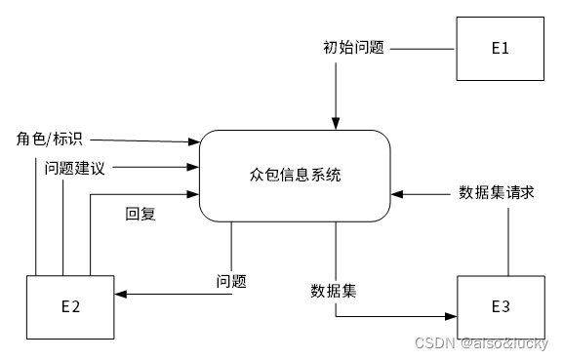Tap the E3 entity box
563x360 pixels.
(500, 307)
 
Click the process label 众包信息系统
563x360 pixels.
(296, 176)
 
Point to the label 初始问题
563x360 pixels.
(353, 47)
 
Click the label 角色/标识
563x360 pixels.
(50, 139)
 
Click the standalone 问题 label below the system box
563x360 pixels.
(231, 281)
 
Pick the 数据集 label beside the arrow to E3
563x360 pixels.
(334, 291)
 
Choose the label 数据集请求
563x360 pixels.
(497, 192)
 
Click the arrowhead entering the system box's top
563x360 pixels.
(336, 124)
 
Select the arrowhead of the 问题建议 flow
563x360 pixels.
(193, 168)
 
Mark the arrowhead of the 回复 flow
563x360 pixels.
(193, 194)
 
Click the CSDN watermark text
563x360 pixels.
(481, 344)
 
